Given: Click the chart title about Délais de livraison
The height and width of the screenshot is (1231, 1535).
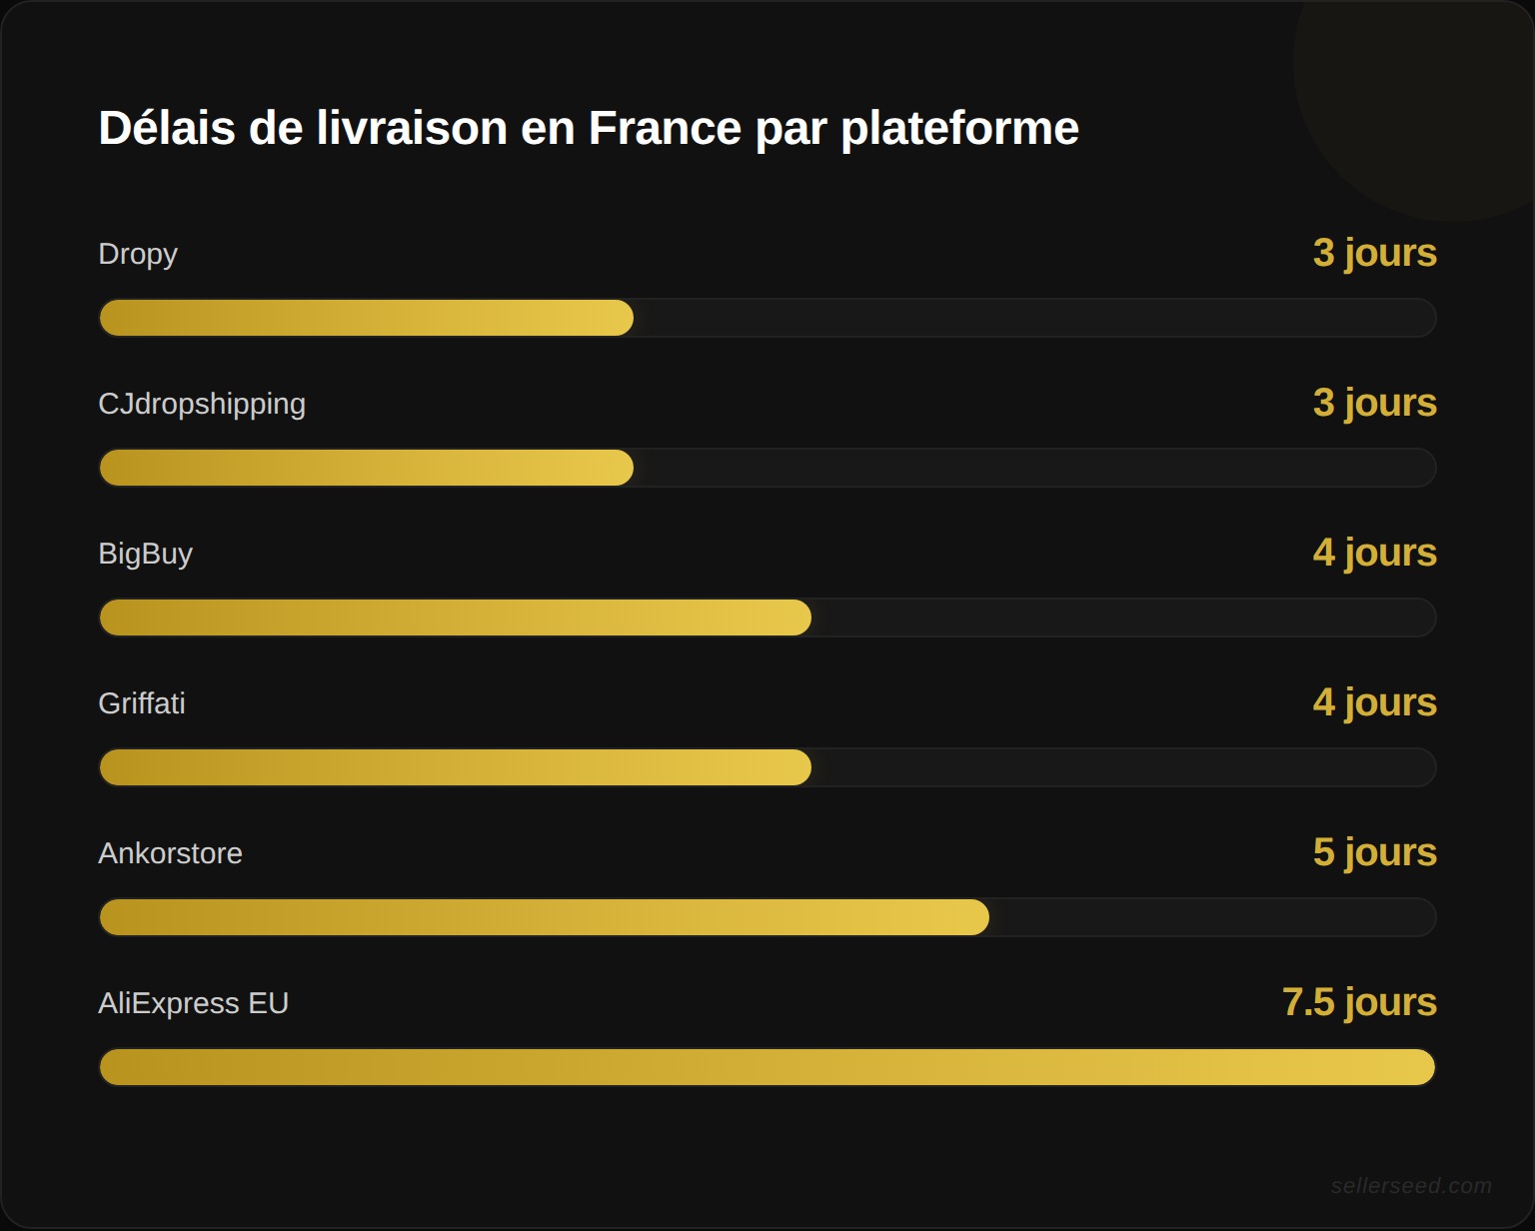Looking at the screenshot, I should tap(588, 128).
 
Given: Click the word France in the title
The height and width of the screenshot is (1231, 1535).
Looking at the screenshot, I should tap(663, 128).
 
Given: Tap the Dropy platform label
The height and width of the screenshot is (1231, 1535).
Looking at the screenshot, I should tap(138, 254).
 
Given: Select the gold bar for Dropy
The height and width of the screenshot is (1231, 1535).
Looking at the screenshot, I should tap(366, 318).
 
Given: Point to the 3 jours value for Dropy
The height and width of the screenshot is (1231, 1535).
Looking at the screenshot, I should tap(1374, 253).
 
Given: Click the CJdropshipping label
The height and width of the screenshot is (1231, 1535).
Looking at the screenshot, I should tap(202, 404).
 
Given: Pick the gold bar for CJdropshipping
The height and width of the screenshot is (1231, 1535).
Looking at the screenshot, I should tap(366, 468).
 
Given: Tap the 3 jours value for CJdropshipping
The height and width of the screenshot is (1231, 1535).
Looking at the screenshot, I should tap(1374, 403).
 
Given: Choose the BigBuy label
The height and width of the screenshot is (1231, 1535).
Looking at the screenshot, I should tap(145, 554).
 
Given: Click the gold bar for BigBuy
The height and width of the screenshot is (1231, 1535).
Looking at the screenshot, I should tap(455, 617).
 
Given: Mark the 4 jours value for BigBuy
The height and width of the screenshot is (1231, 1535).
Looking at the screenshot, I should tap(1374, 553).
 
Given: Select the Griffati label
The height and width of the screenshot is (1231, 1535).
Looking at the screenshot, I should tap(142, 703).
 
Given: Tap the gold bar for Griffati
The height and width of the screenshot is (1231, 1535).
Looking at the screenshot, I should tap(455, 767).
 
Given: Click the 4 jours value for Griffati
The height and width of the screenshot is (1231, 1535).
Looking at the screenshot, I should tap(1374, 702).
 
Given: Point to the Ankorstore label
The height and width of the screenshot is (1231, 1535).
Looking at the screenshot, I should tap(170, 853).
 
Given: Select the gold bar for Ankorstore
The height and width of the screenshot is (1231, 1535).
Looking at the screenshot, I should tap(544, 917).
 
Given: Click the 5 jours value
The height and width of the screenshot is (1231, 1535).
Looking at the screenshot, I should tap(1374, 852).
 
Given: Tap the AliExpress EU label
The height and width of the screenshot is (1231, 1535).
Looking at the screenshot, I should tap(193, 1003).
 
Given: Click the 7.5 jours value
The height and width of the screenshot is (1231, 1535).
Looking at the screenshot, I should tap(1359, 1002).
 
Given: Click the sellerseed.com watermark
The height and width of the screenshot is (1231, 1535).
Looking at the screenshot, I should tap(1410, 1186).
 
